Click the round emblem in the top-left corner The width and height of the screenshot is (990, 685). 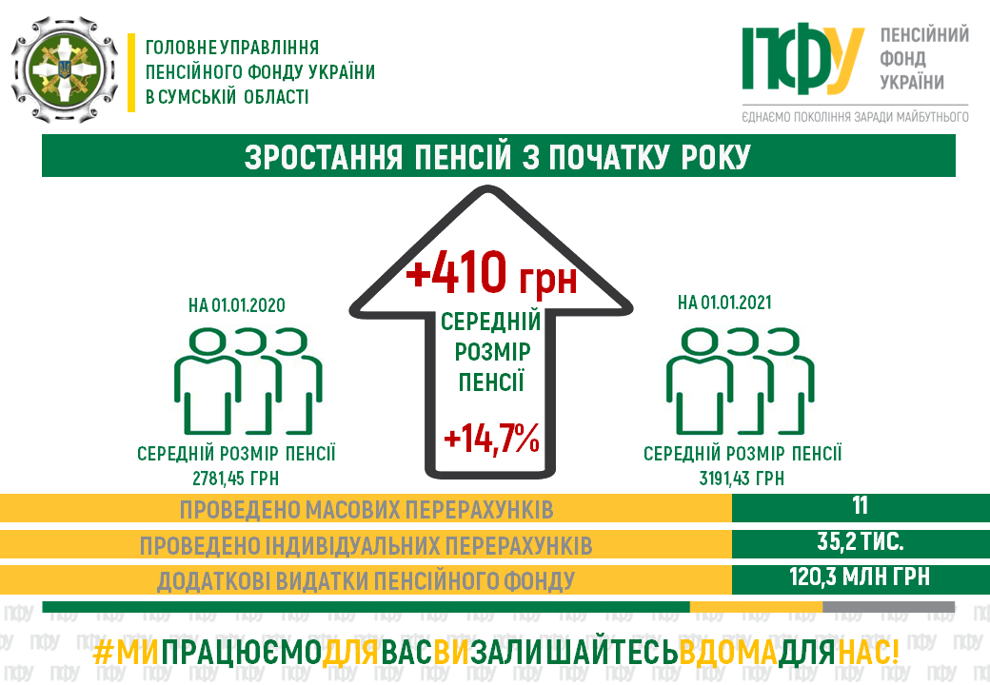coord(65,69)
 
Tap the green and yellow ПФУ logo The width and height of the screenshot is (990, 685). coord(802,59)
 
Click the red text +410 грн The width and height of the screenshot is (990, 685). coord(491,272)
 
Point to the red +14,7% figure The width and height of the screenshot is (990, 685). coord(492,438)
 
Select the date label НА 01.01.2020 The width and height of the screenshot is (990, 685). coord(237,305)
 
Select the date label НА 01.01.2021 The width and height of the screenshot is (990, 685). coord(724,303)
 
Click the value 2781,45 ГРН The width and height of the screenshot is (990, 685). coord(235,479)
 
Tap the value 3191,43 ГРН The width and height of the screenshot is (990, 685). coord(742,479)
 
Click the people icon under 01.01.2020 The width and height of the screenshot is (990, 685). coord(248,381)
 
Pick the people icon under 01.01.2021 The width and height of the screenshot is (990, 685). coord(740,381)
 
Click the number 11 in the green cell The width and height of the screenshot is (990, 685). coord(860,506)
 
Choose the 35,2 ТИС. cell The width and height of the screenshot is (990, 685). coord(860,542)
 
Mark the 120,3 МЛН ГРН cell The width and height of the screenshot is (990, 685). coord(860,577)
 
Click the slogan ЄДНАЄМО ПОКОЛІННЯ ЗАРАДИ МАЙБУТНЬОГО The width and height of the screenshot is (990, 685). coord(855,117)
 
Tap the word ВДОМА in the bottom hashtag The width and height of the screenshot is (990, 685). coord(728,654)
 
